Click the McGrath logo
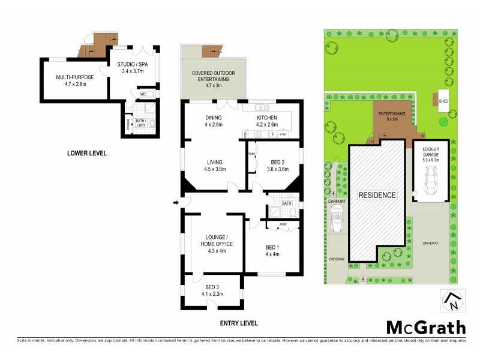click(425, 328)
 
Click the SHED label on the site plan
click(443, 101)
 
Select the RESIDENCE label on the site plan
click(377, 195)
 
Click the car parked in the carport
click(337, 221)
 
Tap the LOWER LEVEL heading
click(86, 153)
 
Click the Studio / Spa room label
click(133, 67)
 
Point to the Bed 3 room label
click(214, 290)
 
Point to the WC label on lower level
click(143, 94)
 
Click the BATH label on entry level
click(286, 203)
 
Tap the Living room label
click(214, 166)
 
